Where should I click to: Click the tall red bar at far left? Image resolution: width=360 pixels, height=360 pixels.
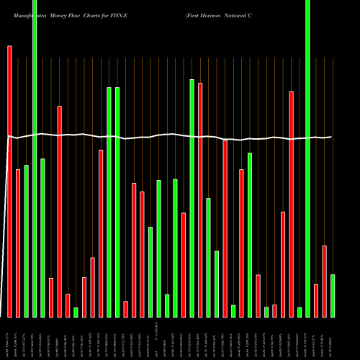click(x=9, y=180)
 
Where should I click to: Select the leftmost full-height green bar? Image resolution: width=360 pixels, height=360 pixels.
click(x=35, y=158)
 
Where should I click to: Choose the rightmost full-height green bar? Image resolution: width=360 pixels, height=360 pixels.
click(x=307, y=158)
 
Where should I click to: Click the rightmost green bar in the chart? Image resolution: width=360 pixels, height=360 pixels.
click(x=333, y=295)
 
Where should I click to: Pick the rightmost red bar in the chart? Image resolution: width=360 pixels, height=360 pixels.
click(x=324, y=281)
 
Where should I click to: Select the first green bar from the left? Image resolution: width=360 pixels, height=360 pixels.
click(x=26, y=240)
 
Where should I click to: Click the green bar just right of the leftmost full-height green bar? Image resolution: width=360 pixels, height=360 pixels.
click(x=42, y=238)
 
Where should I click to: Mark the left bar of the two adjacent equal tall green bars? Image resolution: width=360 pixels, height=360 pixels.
click(x=109, y=202)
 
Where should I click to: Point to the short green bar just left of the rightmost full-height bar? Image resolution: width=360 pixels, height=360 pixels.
click(x=300, y=312)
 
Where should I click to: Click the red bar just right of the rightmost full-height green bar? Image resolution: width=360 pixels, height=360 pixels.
click(x=316, y=300)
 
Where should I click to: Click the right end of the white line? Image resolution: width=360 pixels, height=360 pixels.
click(x=331, y=137)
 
